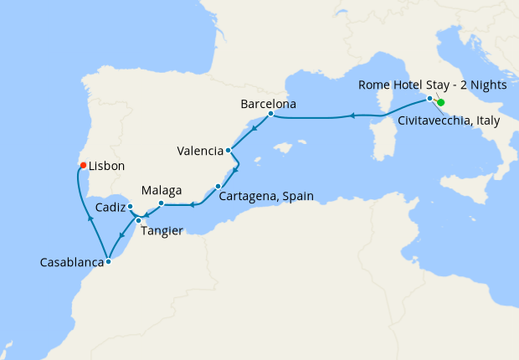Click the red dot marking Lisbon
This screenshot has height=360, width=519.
click(83, 165)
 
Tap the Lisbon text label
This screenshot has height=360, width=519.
click(107, 167)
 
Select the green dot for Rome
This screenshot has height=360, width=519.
click(441, 103)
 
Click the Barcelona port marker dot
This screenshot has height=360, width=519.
click(270, 114)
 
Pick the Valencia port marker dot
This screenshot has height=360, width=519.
click(229, 152)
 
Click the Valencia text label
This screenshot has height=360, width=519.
click(200, 152)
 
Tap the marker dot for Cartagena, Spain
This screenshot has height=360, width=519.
click(218, 186)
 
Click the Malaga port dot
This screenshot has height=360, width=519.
click(162, 203)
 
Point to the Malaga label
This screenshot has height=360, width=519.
click(162, 191)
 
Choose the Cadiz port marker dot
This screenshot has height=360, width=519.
click(131, 206)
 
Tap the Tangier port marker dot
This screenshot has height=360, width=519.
click(139, 220)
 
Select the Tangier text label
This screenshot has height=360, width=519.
click(162, 231)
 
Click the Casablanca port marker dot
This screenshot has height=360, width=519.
click(108, 261)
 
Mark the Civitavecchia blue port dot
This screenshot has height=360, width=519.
click(430, 99)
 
